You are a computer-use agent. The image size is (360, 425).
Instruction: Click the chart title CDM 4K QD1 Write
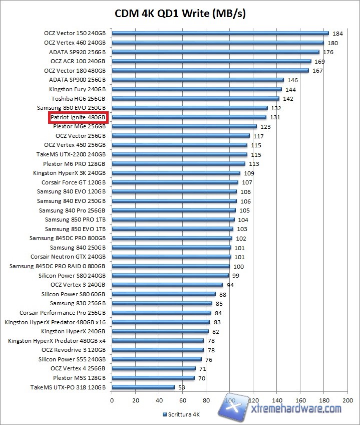[x=180, y=14]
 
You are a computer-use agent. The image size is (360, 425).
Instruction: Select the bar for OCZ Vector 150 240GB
[x=220, y=34]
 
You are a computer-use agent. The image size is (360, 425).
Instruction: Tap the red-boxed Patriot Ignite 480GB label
[x=78, y=117]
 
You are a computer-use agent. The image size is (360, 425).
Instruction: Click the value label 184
[x=337, y=34]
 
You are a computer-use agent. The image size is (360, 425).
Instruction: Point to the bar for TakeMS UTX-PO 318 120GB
[x=143, y=387]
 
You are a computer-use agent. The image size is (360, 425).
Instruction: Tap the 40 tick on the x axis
[x=159, y=401]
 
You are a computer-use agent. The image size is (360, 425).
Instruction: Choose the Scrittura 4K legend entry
[x=182, y=415]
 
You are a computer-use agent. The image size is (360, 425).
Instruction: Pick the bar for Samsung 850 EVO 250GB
[x=190, y=108]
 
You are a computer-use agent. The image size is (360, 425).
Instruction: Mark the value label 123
[x=265, y=127]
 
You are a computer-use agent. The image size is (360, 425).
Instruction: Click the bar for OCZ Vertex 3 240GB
[x=167, y=285]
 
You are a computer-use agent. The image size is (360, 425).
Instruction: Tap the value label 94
[x=231, y=285]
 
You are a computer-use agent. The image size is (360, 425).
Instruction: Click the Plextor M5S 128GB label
[x=79, y=378]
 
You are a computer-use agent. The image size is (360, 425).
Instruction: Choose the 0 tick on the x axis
[x=112, y=401]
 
